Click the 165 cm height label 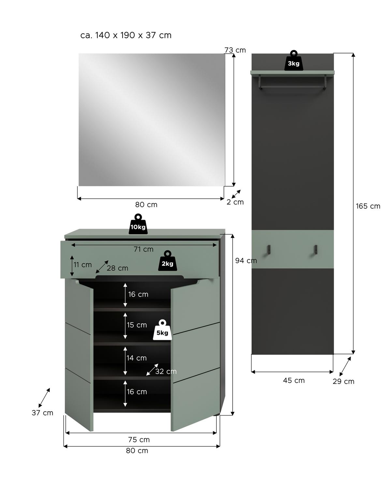(368, 206)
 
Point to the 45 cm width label (294, 380)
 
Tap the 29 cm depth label (343, 381)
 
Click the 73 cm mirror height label (235, 50)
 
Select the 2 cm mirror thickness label (235, 202)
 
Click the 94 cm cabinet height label (246, 260)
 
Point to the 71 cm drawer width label (143, 249)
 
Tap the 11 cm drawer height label (82, 265)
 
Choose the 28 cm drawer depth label (117, 268)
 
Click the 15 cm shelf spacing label (137, 325)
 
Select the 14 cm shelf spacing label (137, 358)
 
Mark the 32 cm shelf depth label (166, 372)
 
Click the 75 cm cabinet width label (139, 440)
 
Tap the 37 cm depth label (42, 413)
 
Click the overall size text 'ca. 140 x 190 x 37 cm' (126, 35)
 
